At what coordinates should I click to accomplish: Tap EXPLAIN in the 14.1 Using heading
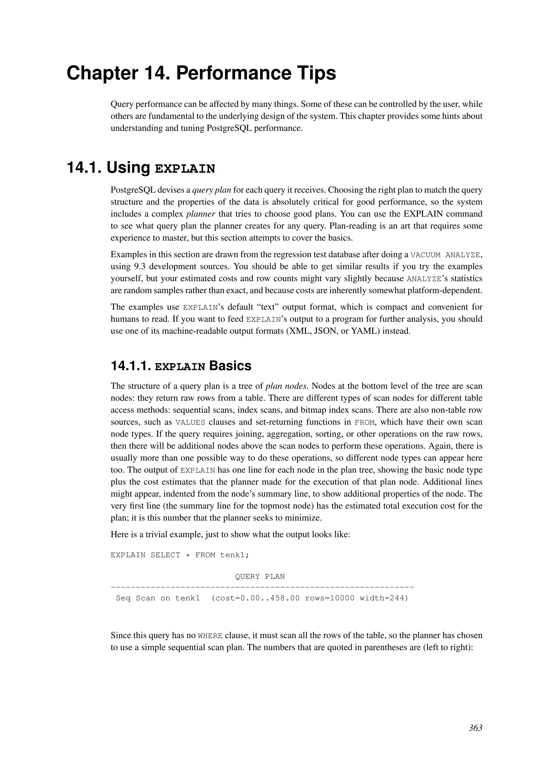click(185, 169)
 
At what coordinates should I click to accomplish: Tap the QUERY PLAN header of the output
click(260, 577)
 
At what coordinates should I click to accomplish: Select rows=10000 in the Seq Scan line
click(330, 598)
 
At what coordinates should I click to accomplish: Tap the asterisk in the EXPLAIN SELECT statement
click(188, 555)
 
